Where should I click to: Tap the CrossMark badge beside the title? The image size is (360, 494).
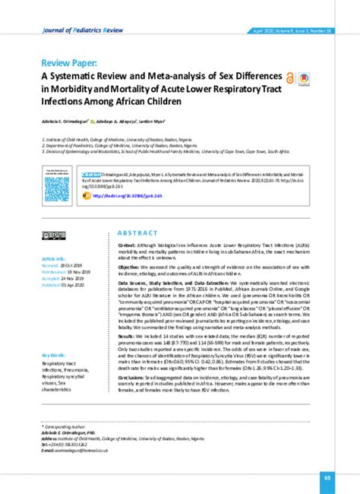click(303, 78)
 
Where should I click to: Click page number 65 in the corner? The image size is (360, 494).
click(327, 478)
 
